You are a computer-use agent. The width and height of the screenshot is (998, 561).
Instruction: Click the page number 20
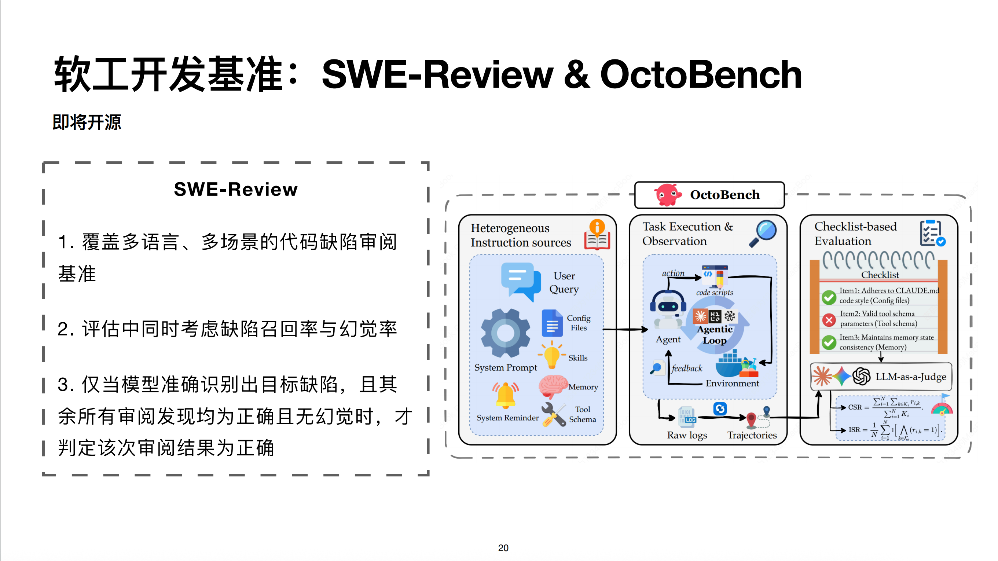click(503, 547)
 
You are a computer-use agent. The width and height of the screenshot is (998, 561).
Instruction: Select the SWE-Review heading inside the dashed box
click(235, 190)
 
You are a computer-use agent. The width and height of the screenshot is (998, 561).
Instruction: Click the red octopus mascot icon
click(667, 194)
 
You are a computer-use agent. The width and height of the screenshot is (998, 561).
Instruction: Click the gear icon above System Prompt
click(506, 333)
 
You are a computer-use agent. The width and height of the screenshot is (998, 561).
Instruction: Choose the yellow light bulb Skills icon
click(551, 355)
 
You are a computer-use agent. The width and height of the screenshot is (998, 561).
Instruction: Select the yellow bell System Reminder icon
click(506, 395)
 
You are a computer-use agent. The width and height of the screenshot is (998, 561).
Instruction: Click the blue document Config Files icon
click(552, 323)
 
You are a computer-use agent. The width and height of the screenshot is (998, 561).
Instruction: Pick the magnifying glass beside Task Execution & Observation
click(763, 233)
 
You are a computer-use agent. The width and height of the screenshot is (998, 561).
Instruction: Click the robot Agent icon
click(668, 310)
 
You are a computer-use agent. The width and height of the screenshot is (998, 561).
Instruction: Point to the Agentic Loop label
click(715, 335)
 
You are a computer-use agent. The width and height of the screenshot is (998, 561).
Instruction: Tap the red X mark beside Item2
click(829, 320)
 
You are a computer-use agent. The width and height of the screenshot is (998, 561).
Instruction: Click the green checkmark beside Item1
click(829, 297)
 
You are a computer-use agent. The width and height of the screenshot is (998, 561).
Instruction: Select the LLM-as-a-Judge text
click(910, 377)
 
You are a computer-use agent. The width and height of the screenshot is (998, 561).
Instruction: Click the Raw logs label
click(687, 435)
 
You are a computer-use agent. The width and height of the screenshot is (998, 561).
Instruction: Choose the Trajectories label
click(752, 435)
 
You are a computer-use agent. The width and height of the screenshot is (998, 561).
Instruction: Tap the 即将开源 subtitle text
click(87, 122)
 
